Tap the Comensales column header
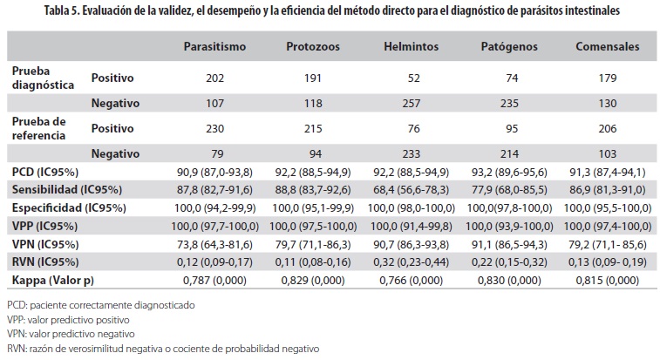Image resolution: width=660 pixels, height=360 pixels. pyautogui.click(x=607, y=45)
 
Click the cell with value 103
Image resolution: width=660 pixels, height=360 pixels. pyautogui.click(x=607, y=153)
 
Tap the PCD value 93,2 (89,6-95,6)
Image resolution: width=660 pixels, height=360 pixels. pyautogui.click(x=509, y=170)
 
